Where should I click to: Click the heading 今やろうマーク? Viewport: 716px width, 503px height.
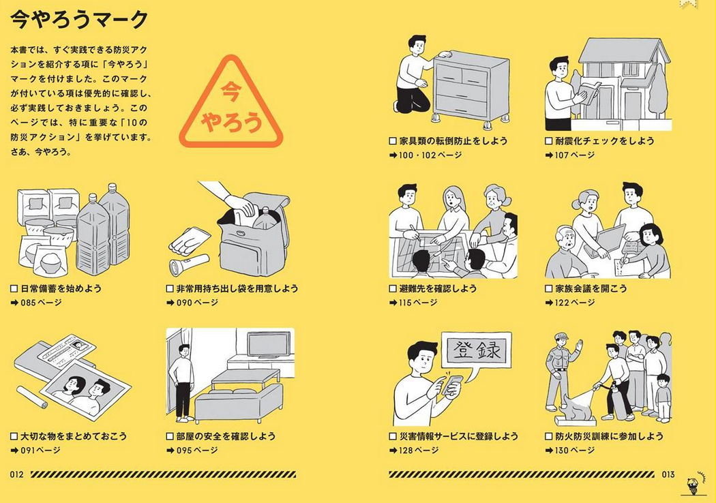[x=79, y=20]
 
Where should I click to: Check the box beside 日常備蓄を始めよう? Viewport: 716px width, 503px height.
[x=14, y=288]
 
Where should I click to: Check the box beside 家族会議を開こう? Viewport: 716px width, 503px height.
[x=549, y=288]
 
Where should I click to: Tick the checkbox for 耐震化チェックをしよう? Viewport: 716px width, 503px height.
[x=549, y=141]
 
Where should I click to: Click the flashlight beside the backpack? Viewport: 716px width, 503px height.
[x=189, y=264]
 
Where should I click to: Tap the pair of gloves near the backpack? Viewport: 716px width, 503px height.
[x=190, y=241]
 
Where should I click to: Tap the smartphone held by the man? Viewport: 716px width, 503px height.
[x=452, y=384]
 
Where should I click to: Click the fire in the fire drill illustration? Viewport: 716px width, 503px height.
[x=576, y=406]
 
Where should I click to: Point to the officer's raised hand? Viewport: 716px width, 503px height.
[x=580, y=345]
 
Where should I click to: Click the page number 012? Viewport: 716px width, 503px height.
[x=16, y=474]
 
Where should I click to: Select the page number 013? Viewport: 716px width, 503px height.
[x=668, y=474]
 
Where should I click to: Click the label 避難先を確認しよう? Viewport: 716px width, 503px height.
[x=438, y=288]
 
